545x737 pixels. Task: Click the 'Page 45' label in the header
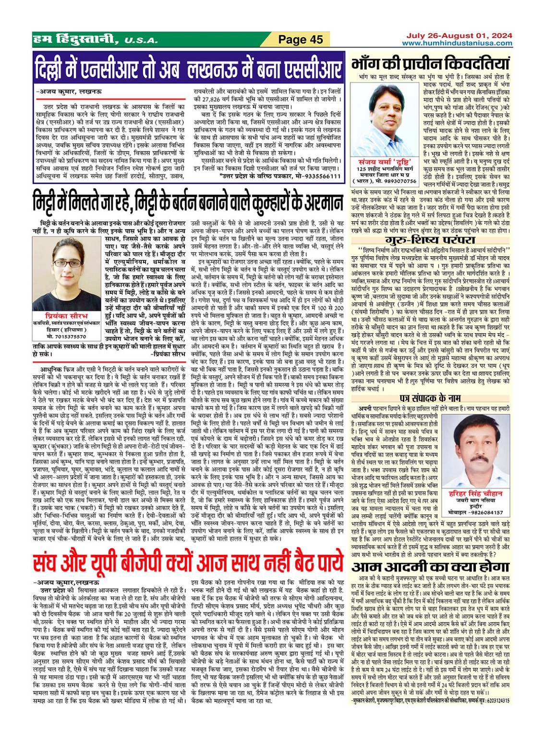301,39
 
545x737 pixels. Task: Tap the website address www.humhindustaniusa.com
457,43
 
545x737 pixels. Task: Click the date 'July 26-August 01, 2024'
459,36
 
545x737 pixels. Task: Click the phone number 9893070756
400,181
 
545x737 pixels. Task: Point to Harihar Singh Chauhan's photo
476,449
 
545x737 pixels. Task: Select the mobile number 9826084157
482,512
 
